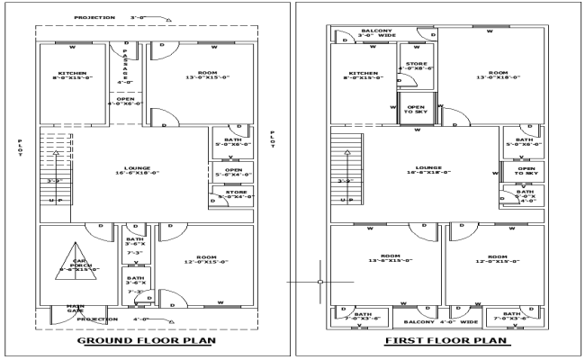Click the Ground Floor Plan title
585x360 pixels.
[x=144, y=342]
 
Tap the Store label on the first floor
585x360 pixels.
[x=416, y=65]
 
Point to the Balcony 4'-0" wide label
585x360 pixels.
[x=437, y=321]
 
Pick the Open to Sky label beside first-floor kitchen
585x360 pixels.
[x=416, y=109]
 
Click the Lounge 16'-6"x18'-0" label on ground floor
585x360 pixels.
[x=132, y=170]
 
